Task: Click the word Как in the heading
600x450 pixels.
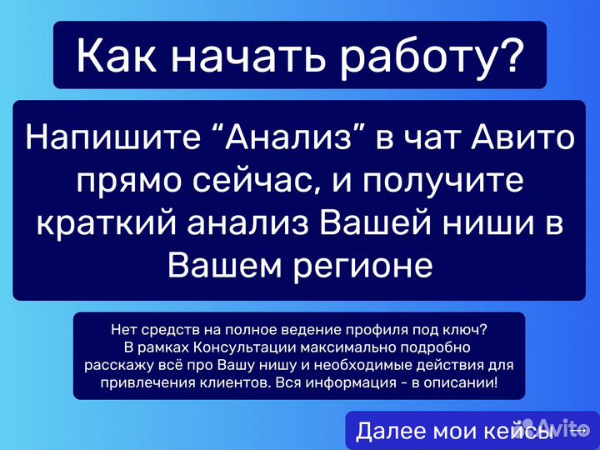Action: tap(113, 55)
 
